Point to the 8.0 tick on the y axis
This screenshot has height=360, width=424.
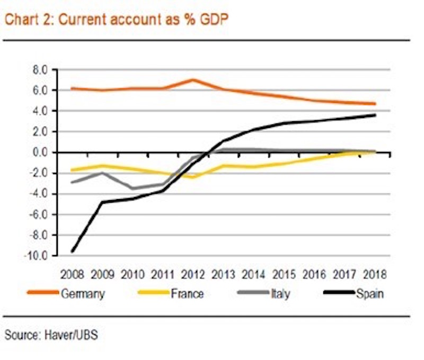(40, 69)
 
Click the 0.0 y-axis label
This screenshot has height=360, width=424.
(40, 152)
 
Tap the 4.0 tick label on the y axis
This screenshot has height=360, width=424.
(40, 111)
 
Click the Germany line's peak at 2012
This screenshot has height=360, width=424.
(193, 80)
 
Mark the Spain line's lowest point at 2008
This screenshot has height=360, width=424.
(72, 251)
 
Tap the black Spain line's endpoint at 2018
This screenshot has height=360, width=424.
(375, 115)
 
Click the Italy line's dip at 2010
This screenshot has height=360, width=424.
(132, 188)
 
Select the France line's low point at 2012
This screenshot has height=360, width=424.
(193, 177)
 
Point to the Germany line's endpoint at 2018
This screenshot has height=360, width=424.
(375, 104)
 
